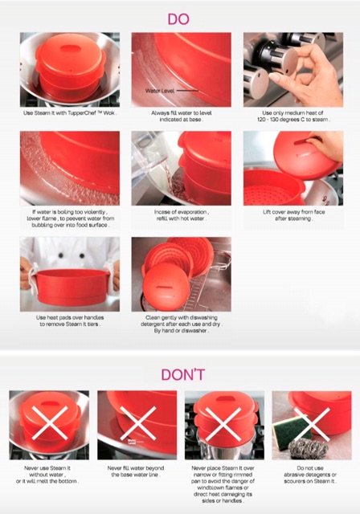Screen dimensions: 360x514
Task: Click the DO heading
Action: click(x=178, y=19)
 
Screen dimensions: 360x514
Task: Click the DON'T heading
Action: click(x=183, y=374)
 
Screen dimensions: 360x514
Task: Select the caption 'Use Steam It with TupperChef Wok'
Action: click(x=70, y=113)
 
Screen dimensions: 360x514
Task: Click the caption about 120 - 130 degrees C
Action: click(x=293, y=116)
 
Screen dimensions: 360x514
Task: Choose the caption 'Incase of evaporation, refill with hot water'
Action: click(x=182, y=215)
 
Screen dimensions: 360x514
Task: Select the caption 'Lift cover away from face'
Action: click(x=293, y=215)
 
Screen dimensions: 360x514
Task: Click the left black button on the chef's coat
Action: click(x=60, y=255)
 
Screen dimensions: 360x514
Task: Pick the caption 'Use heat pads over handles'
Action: click(x=70, y=320)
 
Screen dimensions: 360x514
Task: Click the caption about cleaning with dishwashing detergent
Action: click(x=182, y=324)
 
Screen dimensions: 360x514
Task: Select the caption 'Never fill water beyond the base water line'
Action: click(x=136, y=471)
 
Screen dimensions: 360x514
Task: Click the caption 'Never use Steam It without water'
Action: click(x=47, y=475)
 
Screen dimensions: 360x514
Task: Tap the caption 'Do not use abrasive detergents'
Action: click(x=310, y=475)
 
